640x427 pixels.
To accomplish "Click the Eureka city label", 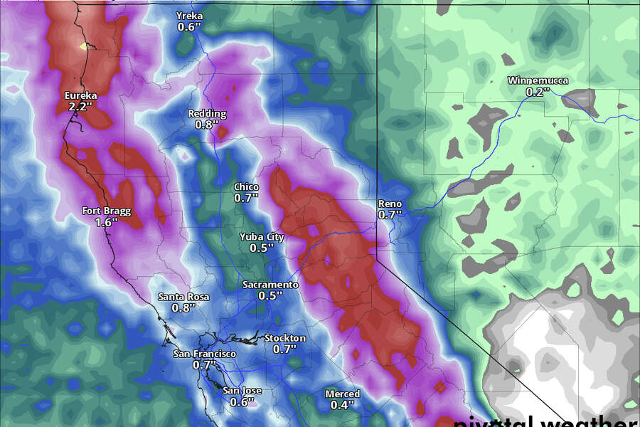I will coord(80,95).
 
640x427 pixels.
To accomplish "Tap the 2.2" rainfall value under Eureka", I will coord(80,107).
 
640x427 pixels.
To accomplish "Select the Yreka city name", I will coord(190,16).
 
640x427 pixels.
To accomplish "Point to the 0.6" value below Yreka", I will coord(190,27).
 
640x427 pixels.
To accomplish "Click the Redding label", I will coord(207,113).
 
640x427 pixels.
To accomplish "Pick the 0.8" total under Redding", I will coord(207,125).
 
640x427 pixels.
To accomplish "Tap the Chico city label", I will coord(247,187).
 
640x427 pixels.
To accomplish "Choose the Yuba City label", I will coord(262,237).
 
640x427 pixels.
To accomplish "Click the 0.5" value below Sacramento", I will coord(270,295).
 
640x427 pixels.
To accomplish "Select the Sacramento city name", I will coord(270,285).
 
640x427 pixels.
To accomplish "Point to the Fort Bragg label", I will coord(107,211).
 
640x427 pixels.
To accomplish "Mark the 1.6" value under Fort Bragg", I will coord(107,222).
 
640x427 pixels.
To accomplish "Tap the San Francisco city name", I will coord(205,354).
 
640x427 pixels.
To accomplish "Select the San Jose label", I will coord(242,391).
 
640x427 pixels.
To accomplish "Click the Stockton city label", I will coord(284,338).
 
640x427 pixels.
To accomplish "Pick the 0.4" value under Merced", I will coord(343,405).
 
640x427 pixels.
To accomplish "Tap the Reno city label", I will coord(390,204).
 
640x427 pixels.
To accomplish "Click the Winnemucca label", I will coord(538,80).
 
